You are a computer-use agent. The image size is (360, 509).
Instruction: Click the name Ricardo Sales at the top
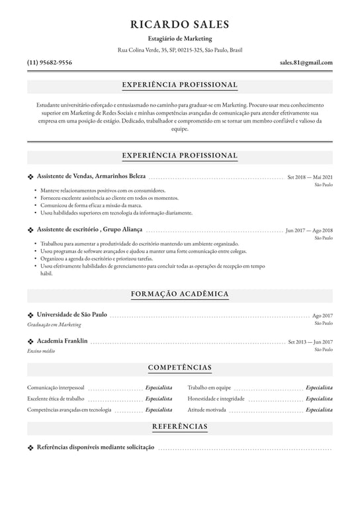pos(180,24)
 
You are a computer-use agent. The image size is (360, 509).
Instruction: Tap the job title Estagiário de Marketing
pos(180,38)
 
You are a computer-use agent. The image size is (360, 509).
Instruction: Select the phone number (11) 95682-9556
pos(50,62)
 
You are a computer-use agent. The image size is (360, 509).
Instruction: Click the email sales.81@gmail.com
pos(306,62)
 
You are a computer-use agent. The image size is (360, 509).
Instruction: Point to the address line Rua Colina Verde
pos(180,50)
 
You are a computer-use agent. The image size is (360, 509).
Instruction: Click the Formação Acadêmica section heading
pos(180,293)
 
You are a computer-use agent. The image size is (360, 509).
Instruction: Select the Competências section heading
pos(180,367)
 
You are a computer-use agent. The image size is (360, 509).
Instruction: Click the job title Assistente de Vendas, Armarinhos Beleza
pos(91,177)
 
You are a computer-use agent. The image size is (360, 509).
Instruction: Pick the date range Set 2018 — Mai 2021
pos(310,177)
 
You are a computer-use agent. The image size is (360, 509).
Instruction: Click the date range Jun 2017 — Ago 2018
pos(309,230)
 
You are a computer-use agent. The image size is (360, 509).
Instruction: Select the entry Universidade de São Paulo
pos(71,314)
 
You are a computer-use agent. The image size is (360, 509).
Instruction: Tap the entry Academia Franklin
pos(62,341)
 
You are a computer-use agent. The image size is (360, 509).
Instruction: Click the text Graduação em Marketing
pos(54,324)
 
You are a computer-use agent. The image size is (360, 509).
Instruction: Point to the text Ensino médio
pos(41,351)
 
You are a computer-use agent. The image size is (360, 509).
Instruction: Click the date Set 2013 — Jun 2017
pos(310,342)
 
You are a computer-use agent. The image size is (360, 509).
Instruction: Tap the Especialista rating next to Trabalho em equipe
pos(319,387)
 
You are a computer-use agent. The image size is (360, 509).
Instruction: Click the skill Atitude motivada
pos(206,410)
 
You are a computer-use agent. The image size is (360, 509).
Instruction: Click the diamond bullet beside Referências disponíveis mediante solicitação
pos(30,447)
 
